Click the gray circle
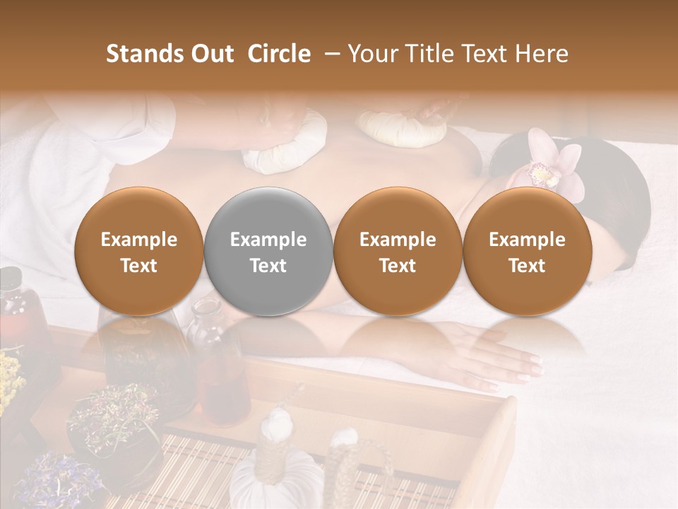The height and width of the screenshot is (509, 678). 268,251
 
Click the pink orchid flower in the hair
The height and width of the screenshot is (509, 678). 554,165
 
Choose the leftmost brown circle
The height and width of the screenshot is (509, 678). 138,251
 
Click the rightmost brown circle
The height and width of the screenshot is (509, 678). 527,251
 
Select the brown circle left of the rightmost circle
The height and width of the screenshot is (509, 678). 398,251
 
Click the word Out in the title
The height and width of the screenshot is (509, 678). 210,54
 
